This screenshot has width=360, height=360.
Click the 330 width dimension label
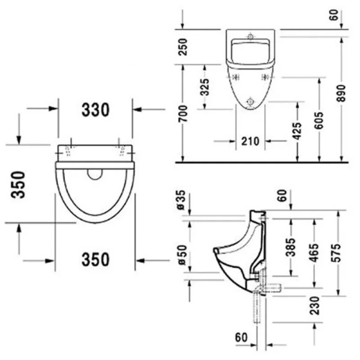[95, 110]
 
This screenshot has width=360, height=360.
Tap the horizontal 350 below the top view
[95, 260]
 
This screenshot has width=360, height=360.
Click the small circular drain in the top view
[95, 174]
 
